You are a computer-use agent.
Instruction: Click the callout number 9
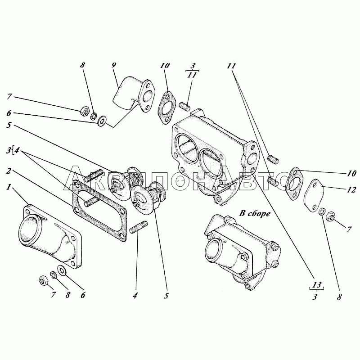pyautogui.click(x=114, y=66)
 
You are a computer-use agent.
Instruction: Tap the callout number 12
pyautogui.click(x=351, y=189)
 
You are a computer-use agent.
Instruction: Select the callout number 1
pyautogui.click(x=9, y=187)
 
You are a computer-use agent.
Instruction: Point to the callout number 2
pyautogui.click(x=9, y=171)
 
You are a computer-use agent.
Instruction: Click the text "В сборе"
pyautogui.click(x=255, y=213)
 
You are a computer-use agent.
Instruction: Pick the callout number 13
pyautogui.click(x=317, y=285)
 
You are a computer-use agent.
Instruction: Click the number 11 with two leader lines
pyautogui.click(x=231, y=66)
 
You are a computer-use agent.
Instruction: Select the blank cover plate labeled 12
pyautogui.click(x=314, y=195)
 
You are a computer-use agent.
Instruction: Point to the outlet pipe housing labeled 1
pyautogui.click(x=50, y=237)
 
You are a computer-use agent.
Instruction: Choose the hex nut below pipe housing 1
pyautogui.click(x=43, y=280)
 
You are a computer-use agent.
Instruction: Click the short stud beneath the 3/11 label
pyautogui.click(x=184, y=107)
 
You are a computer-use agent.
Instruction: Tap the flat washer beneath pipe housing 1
pyautogui.click(x=62, y=270)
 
